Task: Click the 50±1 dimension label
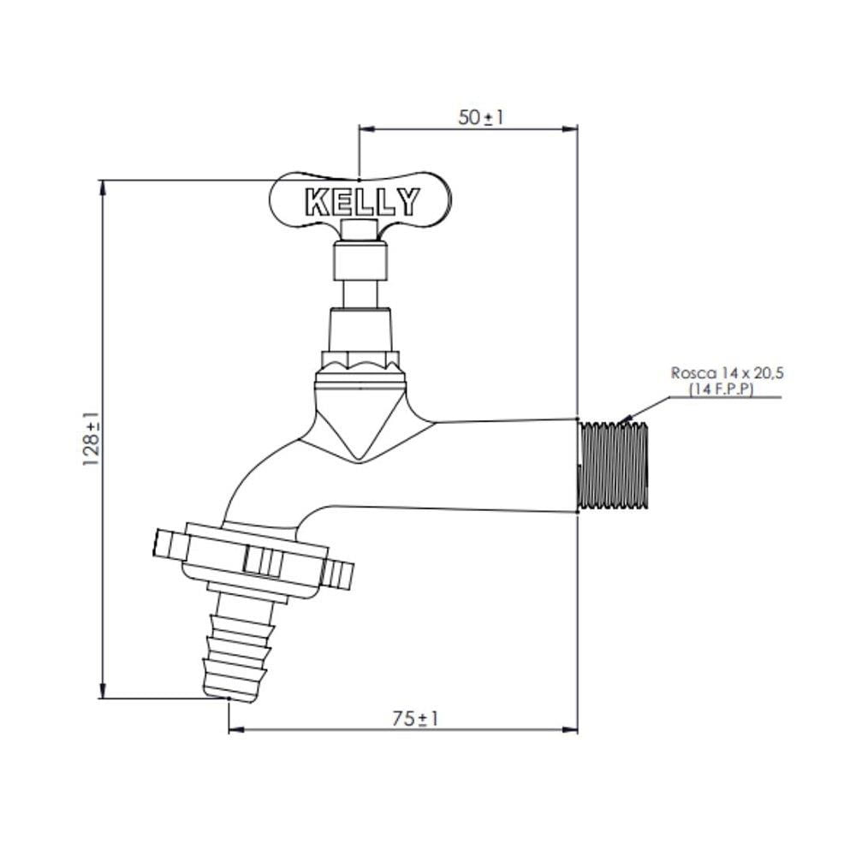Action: [x=480, y=117]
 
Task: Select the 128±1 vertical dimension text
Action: [x=92, y=438]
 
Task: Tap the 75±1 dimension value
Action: [x=415, y=718]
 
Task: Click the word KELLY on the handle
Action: [x=362, y=202]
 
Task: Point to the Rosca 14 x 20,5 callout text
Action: [x=727, y=373]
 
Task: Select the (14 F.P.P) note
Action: [x=720, y=389]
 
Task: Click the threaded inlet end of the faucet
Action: [x=613, y=467]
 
